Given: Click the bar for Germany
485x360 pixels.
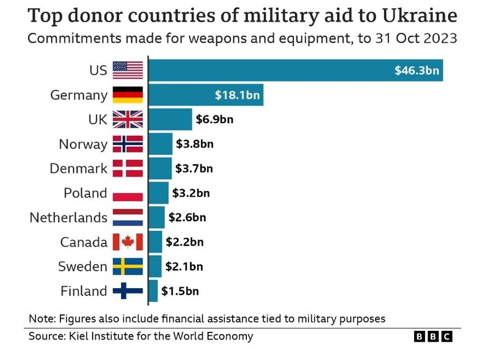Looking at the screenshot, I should pyautogui.click(x=205, y=95).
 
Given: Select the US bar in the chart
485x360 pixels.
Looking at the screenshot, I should pyautogui.click(x=295, y=70).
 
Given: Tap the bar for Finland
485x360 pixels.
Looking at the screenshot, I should pyautogui.click(x=153, y=291).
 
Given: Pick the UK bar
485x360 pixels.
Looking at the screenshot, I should pyautogui.click(x=170, y=119).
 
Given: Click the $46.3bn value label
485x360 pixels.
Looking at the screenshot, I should pyautogui.click(x=417, y=70).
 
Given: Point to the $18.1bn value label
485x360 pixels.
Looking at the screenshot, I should pyautogui.click(x=237, y=95).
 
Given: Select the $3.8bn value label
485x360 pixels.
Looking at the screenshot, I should pyautogui.click(x=194, y=144).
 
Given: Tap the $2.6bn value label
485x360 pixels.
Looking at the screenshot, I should pyautogui.click(x=187, y=217).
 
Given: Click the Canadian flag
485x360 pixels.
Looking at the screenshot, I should pyautogui.click(x=128, y=242).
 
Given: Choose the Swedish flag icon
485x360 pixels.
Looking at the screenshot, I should pyautogui.click(x=128, y=266).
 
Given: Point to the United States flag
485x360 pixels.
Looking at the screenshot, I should pyautogui.click(x=128, y=70).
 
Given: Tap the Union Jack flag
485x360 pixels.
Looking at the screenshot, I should pyautogui.click(x=128, y=119).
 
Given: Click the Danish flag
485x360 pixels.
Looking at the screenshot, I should pyautogui.click(x=128, y=168).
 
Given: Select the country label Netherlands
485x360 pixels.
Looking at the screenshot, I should pyautogui.click(x=68, y=218).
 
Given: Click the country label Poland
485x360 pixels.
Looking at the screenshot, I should pyautogui.click(x=85, y=193).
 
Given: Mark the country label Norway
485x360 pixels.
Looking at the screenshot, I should pyautogui.click(x=83, y=144).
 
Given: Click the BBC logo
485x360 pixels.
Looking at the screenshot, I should pyautogui.click(x=433, y=337).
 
